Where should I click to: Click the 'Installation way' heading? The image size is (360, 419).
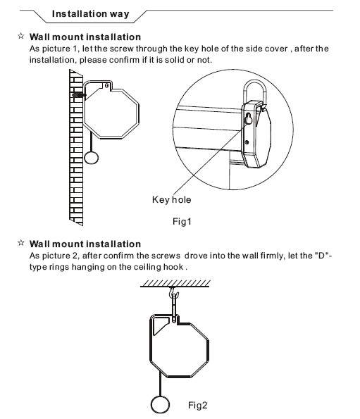91,14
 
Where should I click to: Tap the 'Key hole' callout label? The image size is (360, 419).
172,199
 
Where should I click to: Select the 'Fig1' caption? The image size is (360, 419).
182,222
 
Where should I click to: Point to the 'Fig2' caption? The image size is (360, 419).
198,405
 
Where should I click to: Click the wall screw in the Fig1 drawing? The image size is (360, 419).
79,95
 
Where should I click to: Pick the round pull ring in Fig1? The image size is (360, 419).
92,158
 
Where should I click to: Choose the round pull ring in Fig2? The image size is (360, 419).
160,404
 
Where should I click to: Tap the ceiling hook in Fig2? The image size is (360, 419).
173,293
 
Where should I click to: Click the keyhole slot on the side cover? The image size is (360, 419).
249,119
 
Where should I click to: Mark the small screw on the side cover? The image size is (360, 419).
247,142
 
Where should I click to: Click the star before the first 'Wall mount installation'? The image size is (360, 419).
21,36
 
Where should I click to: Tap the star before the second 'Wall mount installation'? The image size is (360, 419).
21,243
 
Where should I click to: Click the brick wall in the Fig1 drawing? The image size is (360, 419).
76,147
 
